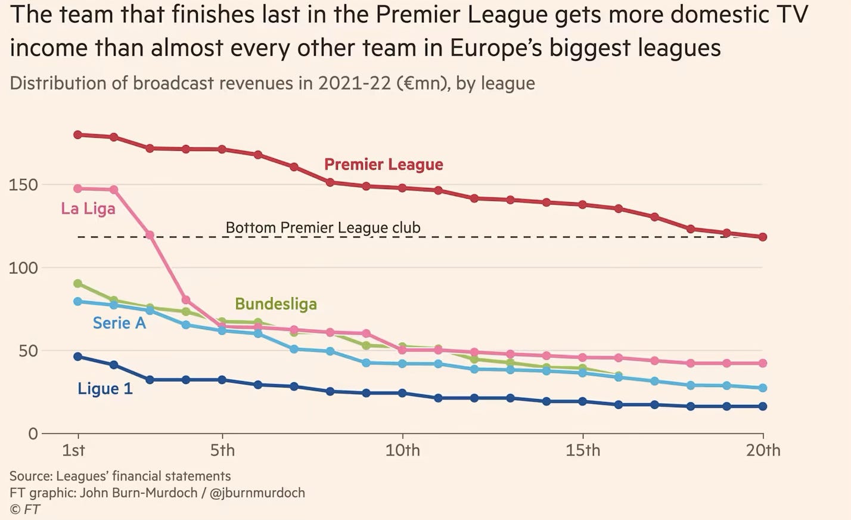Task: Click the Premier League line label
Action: [x=383, y=165]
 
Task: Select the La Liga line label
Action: [x=88, y=209]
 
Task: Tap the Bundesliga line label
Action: [x=276, y=304]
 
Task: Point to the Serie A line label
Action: [x=119, y=323]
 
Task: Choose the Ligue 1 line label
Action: [x=105, y=389]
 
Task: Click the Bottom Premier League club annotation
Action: [x=322, y=228]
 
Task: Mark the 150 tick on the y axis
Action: [x=23, y=185]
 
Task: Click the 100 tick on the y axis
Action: [x=23, y=268]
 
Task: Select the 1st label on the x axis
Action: [x=73, y=450]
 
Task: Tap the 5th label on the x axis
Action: [x=222, y=450]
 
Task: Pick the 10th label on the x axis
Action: [x=402, y=450]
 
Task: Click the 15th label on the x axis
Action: [x=583, y=450]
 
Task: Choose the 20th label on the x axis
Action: [x=763, y=450]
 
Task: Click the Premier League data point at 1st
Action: [x=77, y=135]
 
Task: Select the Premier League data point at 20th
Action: [x=763, y=237]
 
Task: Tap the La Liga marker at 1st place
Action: [x=77, y=188]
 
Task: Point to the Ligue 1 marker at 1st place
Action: [x=77, y=357]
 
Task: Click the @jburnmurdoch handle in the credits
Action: [x=257, y=493]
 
